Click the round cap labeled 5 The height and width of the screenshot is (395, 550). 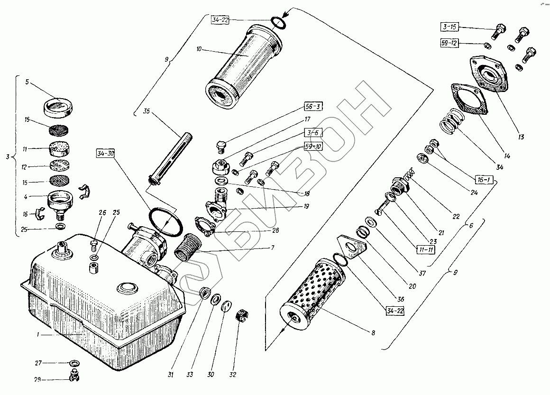[56, 106]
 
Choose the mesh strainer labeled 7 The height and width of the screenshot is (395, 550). [187, 246]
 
